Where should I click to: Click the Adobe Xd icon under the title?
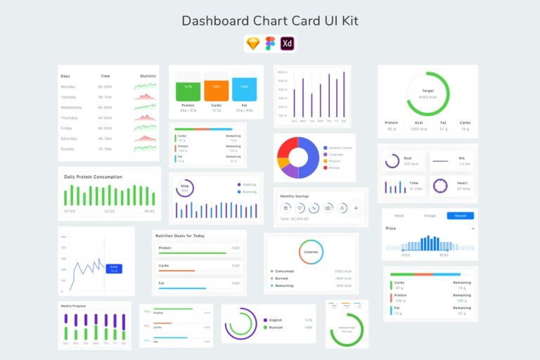click(x=287, y=44)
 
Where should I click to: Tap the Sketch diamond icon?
click(x=252, y=44)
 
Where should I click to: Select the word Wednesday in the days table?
click(x=71, y=108)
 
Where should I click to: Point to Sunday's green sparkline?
click(x=145, y=148)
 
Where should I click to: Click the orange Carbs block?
click(x=216, y=89)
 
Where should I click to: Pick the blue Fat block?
click(x=244, y=89)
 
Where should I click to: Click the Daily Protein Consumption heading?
click(x=93, y=177)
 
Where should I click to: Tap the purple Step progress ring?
click(x=185, y=188)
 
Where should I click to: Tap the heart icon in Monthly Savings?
click(x=300, y=208)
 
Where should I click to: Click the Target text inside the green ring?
click(x=427, y=91)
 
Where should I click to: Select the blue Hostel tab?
click(x=461, y=216)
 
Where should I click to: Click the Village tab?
click(x=430, y=216)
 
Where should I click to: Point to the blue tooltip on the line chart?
click(x=114, y=268)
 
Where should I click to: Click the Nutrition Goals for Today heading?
click(x=179, y=236)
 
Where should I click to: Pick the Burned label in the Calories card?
click(x=285, y=278)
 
